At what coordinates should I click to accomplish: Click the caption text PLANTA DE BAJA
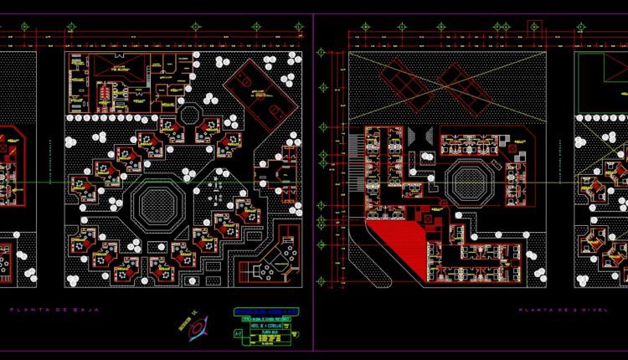coord(54,310)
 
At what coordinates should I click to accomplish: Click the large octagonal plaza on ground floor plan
coord(155,203)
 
